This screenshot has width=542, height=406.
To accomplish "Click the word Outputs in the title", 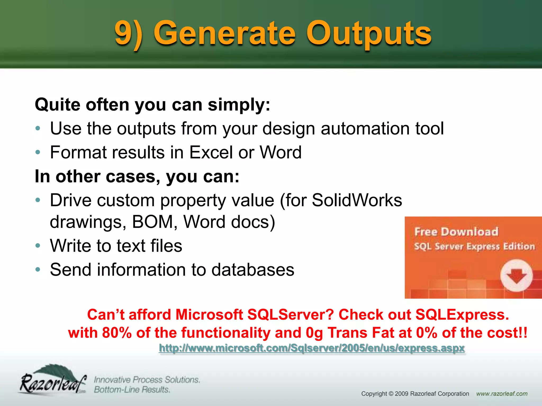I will coord(369,34).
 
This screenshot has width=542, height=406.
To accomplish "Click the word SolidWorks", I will coord(357,200).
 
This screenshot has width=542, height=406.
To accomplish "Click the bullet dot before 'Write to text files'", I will coord(38,246).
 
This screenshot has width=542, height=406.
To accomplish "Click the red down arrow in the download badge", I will coord(516,276).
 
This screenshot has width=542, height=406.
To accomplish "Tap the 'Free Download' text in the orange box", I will coord(456,232).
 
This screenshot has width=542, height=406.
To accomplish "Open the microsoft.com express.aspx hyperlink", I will coord(311,348).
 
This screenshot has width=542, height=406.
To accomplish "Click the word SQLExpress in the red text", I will coord(462,315).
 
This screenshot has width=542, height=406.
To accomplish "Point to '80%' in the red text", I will coord(117,333).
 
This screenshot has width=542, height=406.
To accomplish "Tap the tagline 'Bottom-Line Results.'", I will coord(132,390).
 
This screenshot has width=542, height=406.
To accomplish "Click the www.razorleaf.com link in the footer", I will coord(502,394).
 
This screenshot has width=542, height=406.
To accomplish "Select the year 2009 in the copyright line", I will coord(401,394).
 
